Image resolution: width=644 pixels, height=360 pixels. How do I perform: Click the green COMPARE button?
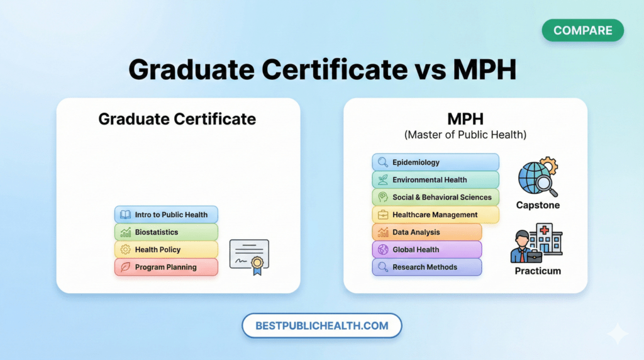[x=582, y=30]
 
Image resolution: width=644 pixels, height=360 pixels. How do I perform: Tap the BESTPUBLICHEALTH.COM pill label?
[x=321, y=326]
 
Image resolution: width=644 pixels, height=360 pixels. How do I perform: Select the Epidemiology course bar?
[x=435, y=162]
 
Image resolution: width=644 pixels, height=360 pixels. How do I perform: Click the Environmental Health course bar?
[x=435, y=180]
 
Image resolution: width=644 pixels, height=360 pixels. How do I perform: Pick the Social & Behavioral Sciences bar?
[x=435, y=197]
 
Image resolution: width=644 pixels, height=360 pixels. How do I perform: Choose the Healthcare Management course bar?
[x=435, y=215]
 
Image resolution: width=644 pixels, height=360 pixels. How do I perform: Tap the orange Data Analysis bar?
[x=426, y=232]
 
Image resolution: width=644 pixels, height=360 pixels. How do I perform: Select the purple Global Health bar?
[x=426, y=250]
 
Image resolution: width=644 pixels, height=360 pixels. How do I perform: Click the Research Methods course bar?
[x=426, y=267]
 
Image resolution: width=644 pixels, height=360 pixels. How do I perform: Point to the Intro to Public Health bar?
[x=166, y=215]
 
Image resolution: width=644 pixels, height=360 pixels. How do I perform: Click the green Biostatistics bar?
[x=166, y=232]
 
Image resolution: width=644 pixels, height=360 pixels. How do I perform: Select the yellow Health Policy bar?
[x=166, y=250]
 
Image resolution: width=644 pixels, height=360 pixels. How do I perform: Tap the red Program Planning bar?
[x=166, y=267]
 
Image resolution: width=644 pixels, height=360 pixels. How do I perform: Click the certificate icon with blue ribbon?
[x=249, y=256]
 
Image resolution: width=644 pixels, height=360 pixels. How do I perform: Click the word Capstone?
[x=538, y=205]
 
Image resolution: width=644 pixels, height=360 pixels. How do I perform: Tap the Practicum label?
[x=538, y=271]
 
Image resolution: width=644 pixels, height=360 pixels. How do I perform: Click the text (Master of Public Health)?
[x=465, y=135]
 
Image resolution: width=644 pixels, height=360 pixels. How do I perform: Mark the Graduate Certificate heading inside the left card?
[x=177, y=118]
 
